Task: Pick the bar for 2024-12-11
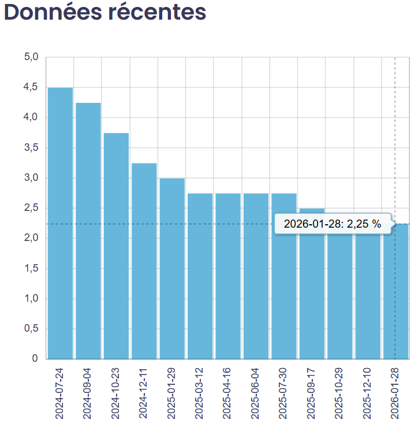pyautogui.click(x=144, y=260)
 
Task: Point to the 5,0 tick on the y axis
pyautogui.click(x=31, y=57)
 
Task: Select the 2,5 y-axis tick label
pyautogui.click(x=31, y=208)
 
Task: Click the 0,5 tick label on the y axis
pyautogui.click(x=31, y=329)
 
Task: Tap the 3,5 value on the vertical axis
pyautogui.click(x=31, y=148)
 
